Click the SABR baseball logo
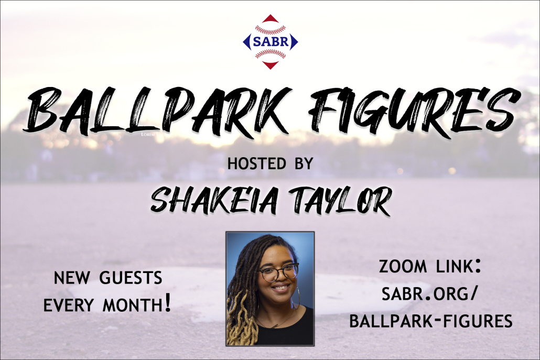coord(271,41)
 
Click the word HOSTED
coord(257,163)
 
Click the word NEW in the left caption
coord(72,278)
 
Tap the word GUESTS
coord(131,278)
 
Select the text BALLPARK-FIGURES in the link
coord(431,321)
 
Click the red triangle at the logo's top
coord(271,18)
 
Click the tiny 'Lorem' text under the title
coord(148,134)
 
